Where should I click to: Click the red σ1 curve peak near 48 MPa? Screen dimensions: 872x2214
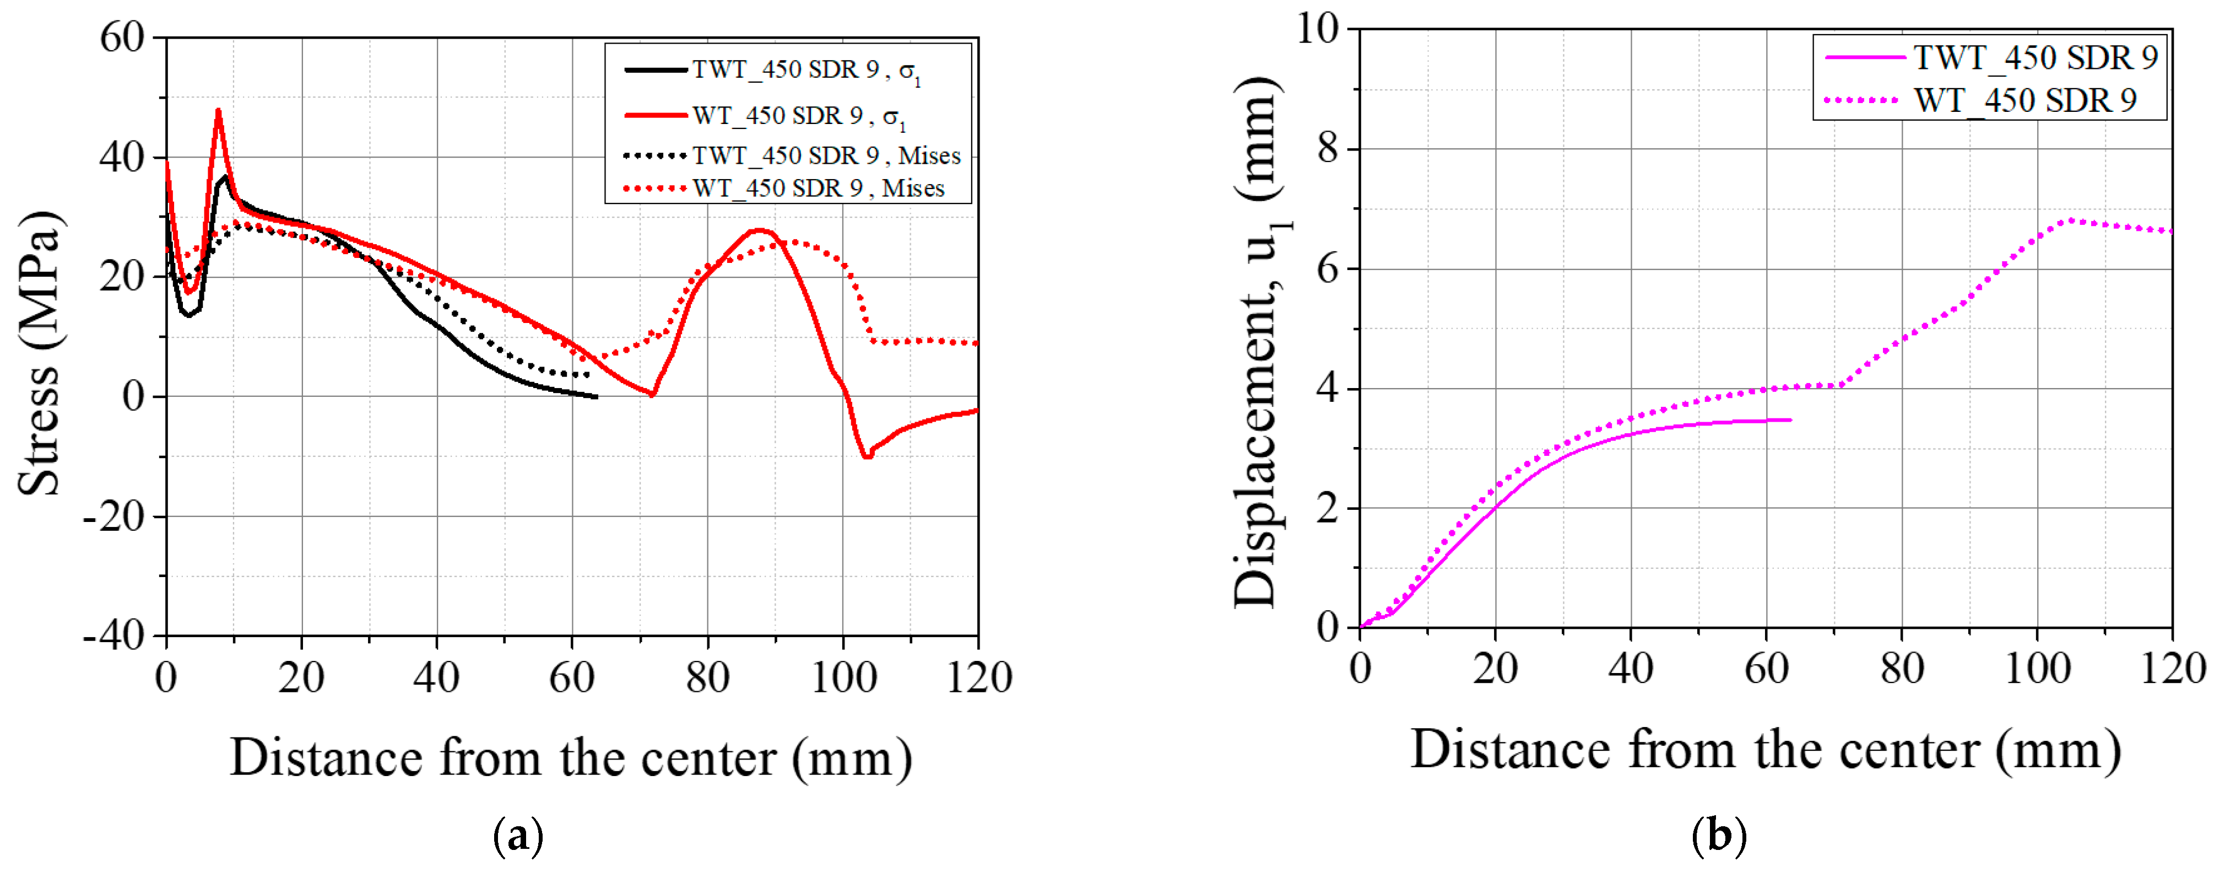click(x=218, y=110)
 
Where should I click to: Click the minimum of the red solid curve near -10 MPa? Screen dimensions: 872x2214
click(x=867, y=456)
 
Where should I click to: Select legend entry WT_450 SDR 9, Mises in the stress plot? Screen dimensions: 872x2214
click(x=818, y=189)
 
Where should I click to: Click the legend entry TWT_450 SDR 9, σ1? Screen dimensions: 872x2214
click(x=806, y=69)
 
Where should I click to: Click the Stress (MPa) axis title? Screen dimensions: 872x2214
click(x=40, y=353)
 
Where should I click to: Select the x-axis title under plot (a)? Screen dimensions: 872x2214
click(x=571, y=758)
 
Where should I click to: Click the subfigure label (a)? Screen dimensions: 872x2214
click(x=518, y=836)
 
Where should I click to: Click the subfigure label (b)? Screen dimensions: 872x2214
click(x=1718, y=836)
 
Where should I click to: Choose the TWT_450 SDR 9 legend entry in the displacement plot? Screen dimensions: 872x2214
click(x=2035, y=58)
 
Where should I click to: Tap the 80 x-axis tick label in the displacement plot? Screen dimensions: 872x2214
click(x=1901, y=669)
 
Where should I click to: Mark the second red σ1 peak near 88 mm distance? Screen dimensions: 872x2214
click(x=758, y=230)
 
